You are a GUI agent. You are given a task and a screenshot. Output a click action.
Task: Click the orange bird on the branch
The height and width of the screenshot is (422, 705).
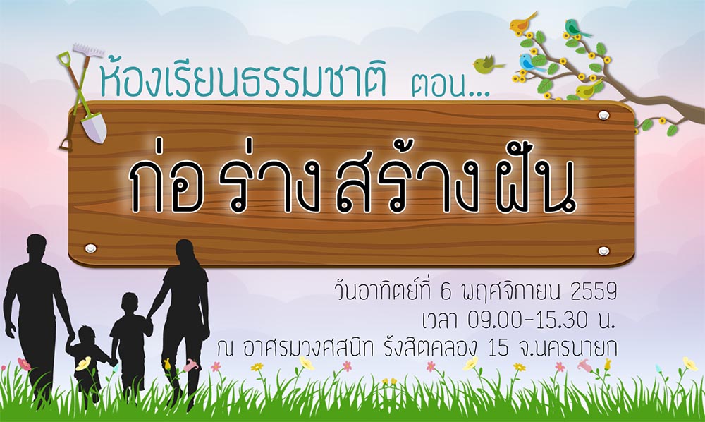click(522, 23)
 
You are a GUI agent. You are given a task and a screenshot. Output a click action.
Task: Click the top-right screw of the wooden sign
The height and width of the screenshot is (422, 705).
click(603, 115)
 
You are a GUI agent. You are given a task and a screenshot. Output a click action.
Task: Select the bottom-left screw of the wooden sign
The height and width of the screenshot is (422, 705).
click(90, 248)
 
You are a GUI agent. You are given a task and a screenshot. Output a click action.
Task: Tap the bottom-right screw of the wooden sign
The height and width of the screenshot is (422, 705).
click(603, 250)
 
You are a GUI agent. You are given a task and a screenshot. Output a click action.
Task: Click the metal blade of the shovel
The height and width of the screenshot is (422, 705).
click(94, 128)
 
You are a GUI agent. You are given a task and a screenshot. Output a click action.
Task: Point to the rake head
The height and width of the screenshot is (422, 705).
click(88, 50)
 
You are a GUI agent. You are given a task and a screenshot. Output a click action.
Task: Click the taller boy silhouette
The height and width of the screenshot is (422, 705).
click(130, 342)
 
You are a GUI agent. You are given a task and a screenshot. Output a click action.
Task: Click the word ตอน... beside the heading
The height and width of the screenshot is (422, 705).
click(450, 86)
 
